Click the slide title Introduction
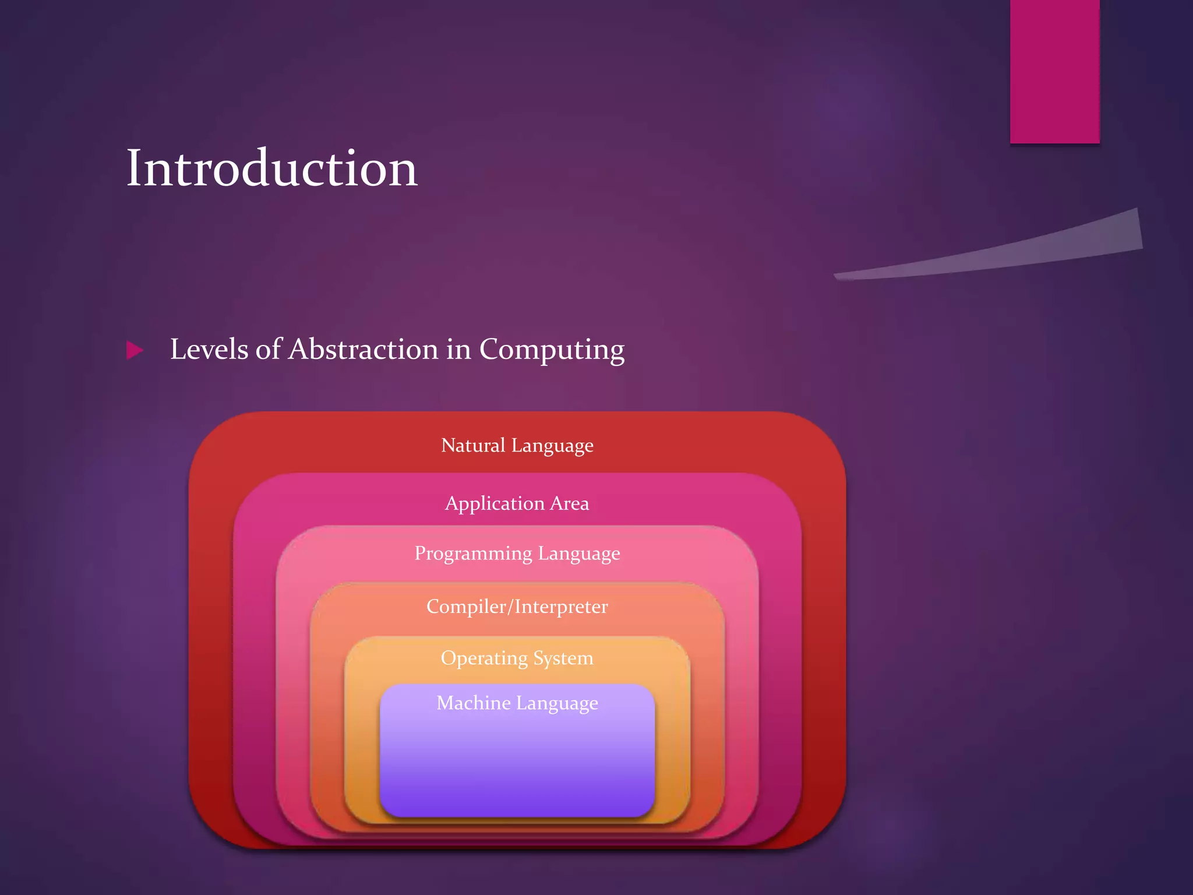(x=272, y=168)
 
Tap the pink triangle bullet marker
(x=135, y=350)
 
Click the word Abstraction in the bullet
(x=364, y=350)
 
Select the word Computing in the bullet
(x=551, y=350)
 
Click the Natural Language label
(x=517, y=446)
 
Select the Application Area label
(x=517, y=503)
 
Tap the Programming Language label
(x=517, y=554)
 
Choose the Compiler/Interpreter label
(x=517, y=607)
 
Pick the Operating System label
(x=517, y=658)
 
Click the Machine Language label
(x=517, y=703)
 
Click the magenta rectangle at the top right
(x=1054, y=71)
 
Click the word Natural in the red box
(x=473, y=446)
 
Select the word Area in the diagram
(x=569, y=503)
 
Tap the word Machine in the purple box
(x=474, y=703)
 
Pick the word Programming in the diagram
(x=473, y=554)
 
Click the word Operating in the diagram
(x=484, y=658)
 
